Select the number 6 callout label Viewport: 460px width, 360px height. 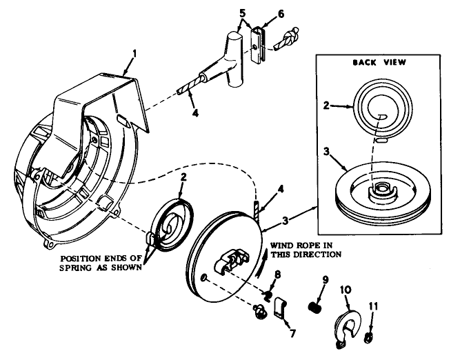pos(261,12)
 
